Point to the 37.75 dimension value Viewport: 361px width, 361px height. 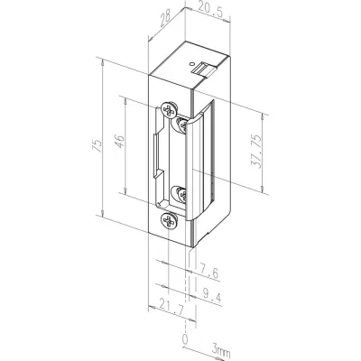pyautogui.click(x=280, y=152)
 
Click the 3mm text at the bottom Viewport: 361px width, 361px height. pyautogui.click(x=221, y=348)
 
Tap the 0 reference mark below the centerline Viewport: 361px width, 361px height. pyautogui.click(x=186, y=338)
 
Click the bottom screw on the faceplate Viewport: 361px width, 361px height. pyautogui.click(x=168, y=220)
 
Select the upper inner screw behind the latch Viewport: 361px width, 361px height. pyautogui.click(x=184, y=120)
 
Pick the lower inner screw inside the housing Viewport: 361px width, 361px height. pyautogui.click(x=183, y=193)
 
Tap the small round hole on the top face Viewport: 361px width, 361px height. pyautogui.click(x=194, y=56)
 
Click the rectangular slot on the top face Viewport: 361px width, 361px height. pyautogui.click(x=206, y=67)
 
